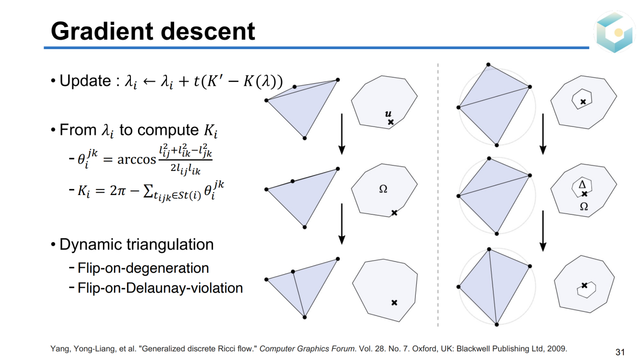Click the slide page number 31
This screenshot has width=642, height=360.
(x=620, y=352)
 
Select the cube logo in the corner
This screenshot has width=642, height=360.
(x=615, y=32)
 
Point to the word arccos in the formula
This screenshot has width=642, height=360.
(x=136, y=159)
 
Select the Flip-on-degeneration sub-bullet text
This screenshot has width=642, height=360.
(x=143, y=268)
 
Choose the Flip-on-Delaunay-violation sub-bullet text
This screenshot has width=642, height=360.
(x=160, y=288)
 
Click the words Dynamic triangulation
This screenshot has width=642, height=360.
(x=136, y=245)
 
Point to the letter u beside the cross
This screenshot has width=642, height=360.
(x=388, y=114)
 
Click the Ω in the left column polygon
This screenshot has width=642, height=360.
(x=383, y=190)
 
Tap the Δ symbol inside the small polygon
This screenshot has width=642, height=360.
(x=582, y=185)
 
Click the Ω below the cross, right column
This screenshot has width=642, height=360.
(x=584, y=206)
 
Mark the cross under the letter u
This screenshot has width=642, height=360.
(x=391, y=122)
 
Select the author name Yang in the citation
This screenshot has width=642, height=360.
(x=59, y=348)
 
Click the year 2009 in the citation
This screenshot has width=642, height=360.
(x=558, y=348)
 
